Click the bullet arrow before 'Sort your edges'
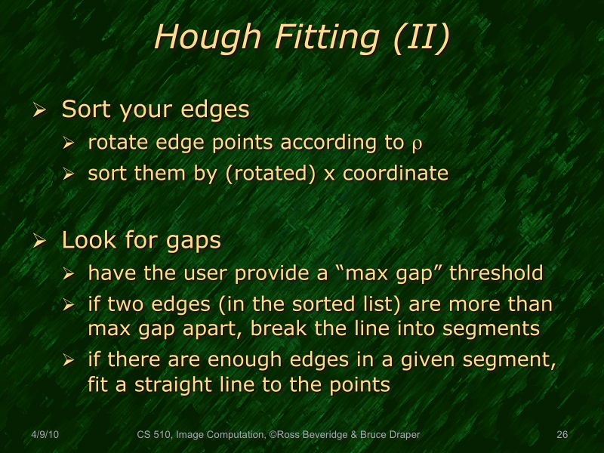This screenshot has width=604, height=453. pyautogui.click(x=41, y=111)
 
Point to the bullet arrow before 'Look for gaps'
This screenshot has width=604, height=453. pyautogui.click(x=41, y=242)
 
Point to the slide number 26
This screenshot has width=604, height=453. pyautogui.click(x=561, y=434)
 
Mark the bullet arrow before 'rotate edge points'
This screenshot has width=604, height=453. pyautogui.click(x=69, y=143)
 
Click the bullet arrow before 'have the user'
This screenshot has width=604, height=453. pyautogui.click(x=69, y=273)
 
